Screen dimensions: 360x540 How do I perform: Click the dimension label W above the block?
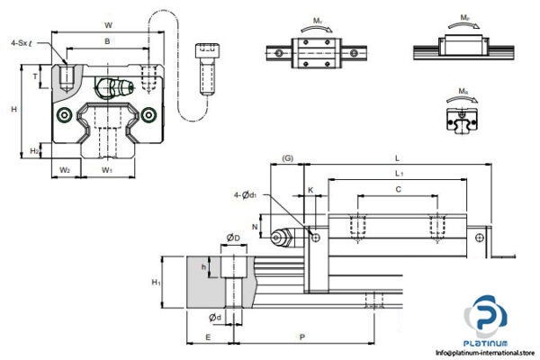click(x=108, y=24)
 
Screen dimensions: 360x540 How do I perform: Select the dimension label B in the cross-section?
click(x=108, y=41)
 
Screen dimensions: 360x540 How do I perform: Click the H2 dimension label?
click(x=33, y=150)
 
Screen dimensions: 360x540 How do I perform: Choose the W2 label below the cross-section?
click(x=65, y=168)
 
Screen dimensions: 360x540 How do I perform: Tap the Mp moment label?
click(x=464, y=17)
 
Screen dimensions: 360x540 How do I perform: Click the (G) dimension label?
click(x=287, y=158)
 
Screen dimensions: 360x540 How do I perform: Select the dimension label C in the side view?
click(x=399, y=190)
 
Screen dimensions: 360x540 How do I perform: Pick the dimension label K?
click(x=310, y=191)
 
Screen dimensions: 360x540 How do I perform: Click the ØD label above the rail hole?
click(x=232, y=238)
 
